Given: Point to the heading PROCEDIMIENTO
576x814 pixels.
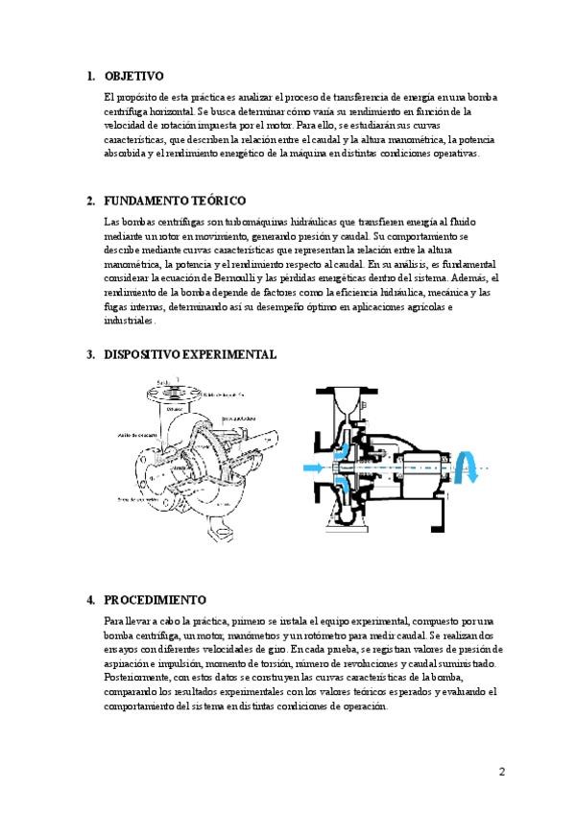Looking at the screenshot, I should [x=155, y=599].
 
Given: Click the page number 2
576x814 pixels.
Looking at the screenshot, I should [x=501, y=772].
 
